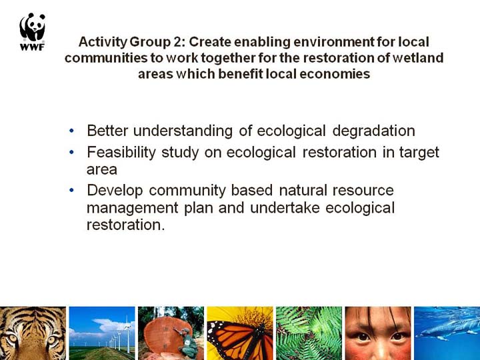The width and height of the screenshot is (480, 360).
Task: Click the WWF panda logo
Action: pos(32,32)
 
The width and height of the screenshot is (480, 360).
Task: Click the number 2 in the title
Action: pos(177,42)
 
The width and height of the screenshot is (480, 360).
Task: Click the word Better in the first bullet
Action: pos(107,131)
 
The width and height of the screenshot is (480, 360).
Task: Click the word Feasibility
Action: pos(121,153)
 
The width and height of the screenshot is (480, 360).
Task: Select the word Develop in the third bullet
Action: pos(115,191)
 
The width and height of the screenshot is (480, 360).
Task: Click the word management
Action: pos(132,209)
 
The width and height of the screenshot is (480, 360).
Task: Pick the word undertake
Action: pos(285,207)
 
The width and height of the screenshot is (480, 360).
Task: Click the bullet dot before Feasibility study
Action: pos(71,152)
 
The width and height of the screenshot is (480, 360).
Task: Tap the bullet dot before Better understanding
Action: pos(71,131)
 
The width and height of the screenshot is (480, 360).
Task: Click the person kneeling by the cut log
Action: pos(187,342)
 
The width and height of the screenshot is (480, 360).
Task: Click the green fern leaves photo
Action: pos(309,333)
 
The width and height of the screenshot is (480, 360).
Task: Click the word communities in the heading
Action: pos(106,58)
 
